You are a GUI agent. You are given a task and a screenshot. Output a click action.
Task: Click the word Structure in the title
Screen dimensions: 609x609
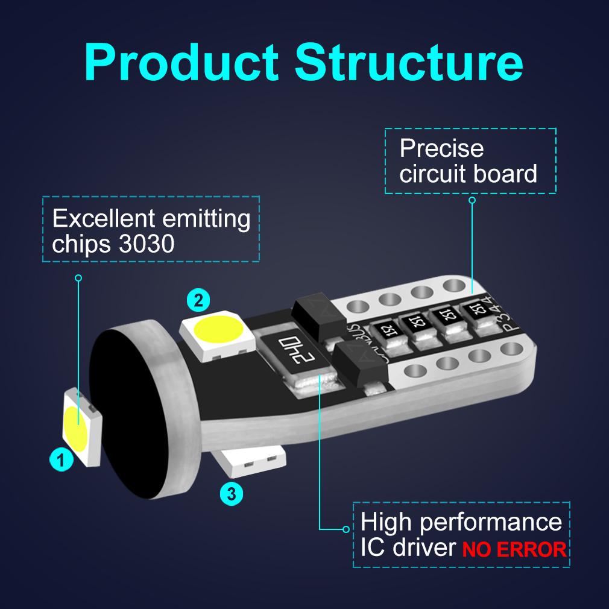click(411, 62)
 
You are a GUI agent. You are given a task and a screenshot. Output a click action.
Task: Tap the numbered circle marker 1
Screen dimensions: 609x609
click(60, 461)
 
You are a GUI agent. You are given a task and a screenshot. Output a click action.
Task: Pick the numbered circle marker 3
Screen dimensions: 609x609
click(232, 494)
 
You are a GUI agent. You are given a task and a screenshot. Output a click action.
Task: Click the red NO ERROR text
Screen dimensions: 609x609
click(514, 550)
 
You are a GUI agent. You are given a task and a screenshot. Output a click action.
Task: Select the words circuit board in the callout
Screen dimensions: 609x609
click(468, 174)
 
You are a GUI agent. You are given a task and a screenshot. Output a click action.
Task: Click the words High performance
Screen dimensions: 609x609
click(461, 522)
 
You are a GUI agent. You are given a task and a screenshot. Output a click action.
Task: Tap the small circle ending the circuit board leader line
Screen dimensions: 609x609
click(472, 200)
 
